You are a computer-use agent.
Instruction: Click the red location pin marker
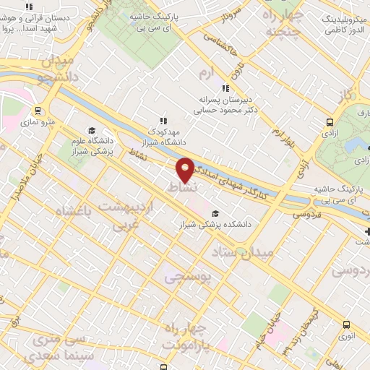pyautogui.click(x=185, y=170)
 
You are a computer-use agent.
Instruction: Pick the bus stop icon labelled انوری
pyautogui.click(x=347, y=324)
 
